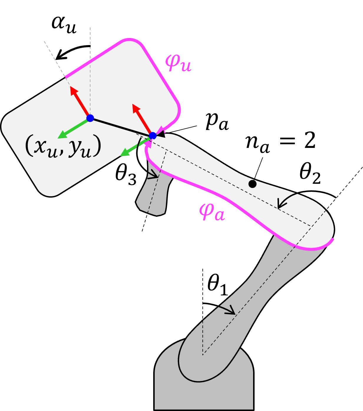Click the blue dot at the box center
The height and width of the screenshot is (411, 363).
[x=90, y=118]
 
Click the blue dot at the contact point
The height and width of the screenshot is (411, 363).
[x=153, y=136]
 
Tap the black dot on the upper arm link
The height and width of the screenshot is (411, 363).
[x=253, y=184]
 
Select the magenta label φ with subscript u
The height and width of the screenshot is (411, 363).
[x=178, y=63]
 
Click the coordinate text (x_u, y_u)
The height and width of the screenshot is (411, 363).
[x=63, y=146]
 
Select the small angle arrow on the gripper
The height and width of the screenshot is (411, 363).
[x=153, y=176]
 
